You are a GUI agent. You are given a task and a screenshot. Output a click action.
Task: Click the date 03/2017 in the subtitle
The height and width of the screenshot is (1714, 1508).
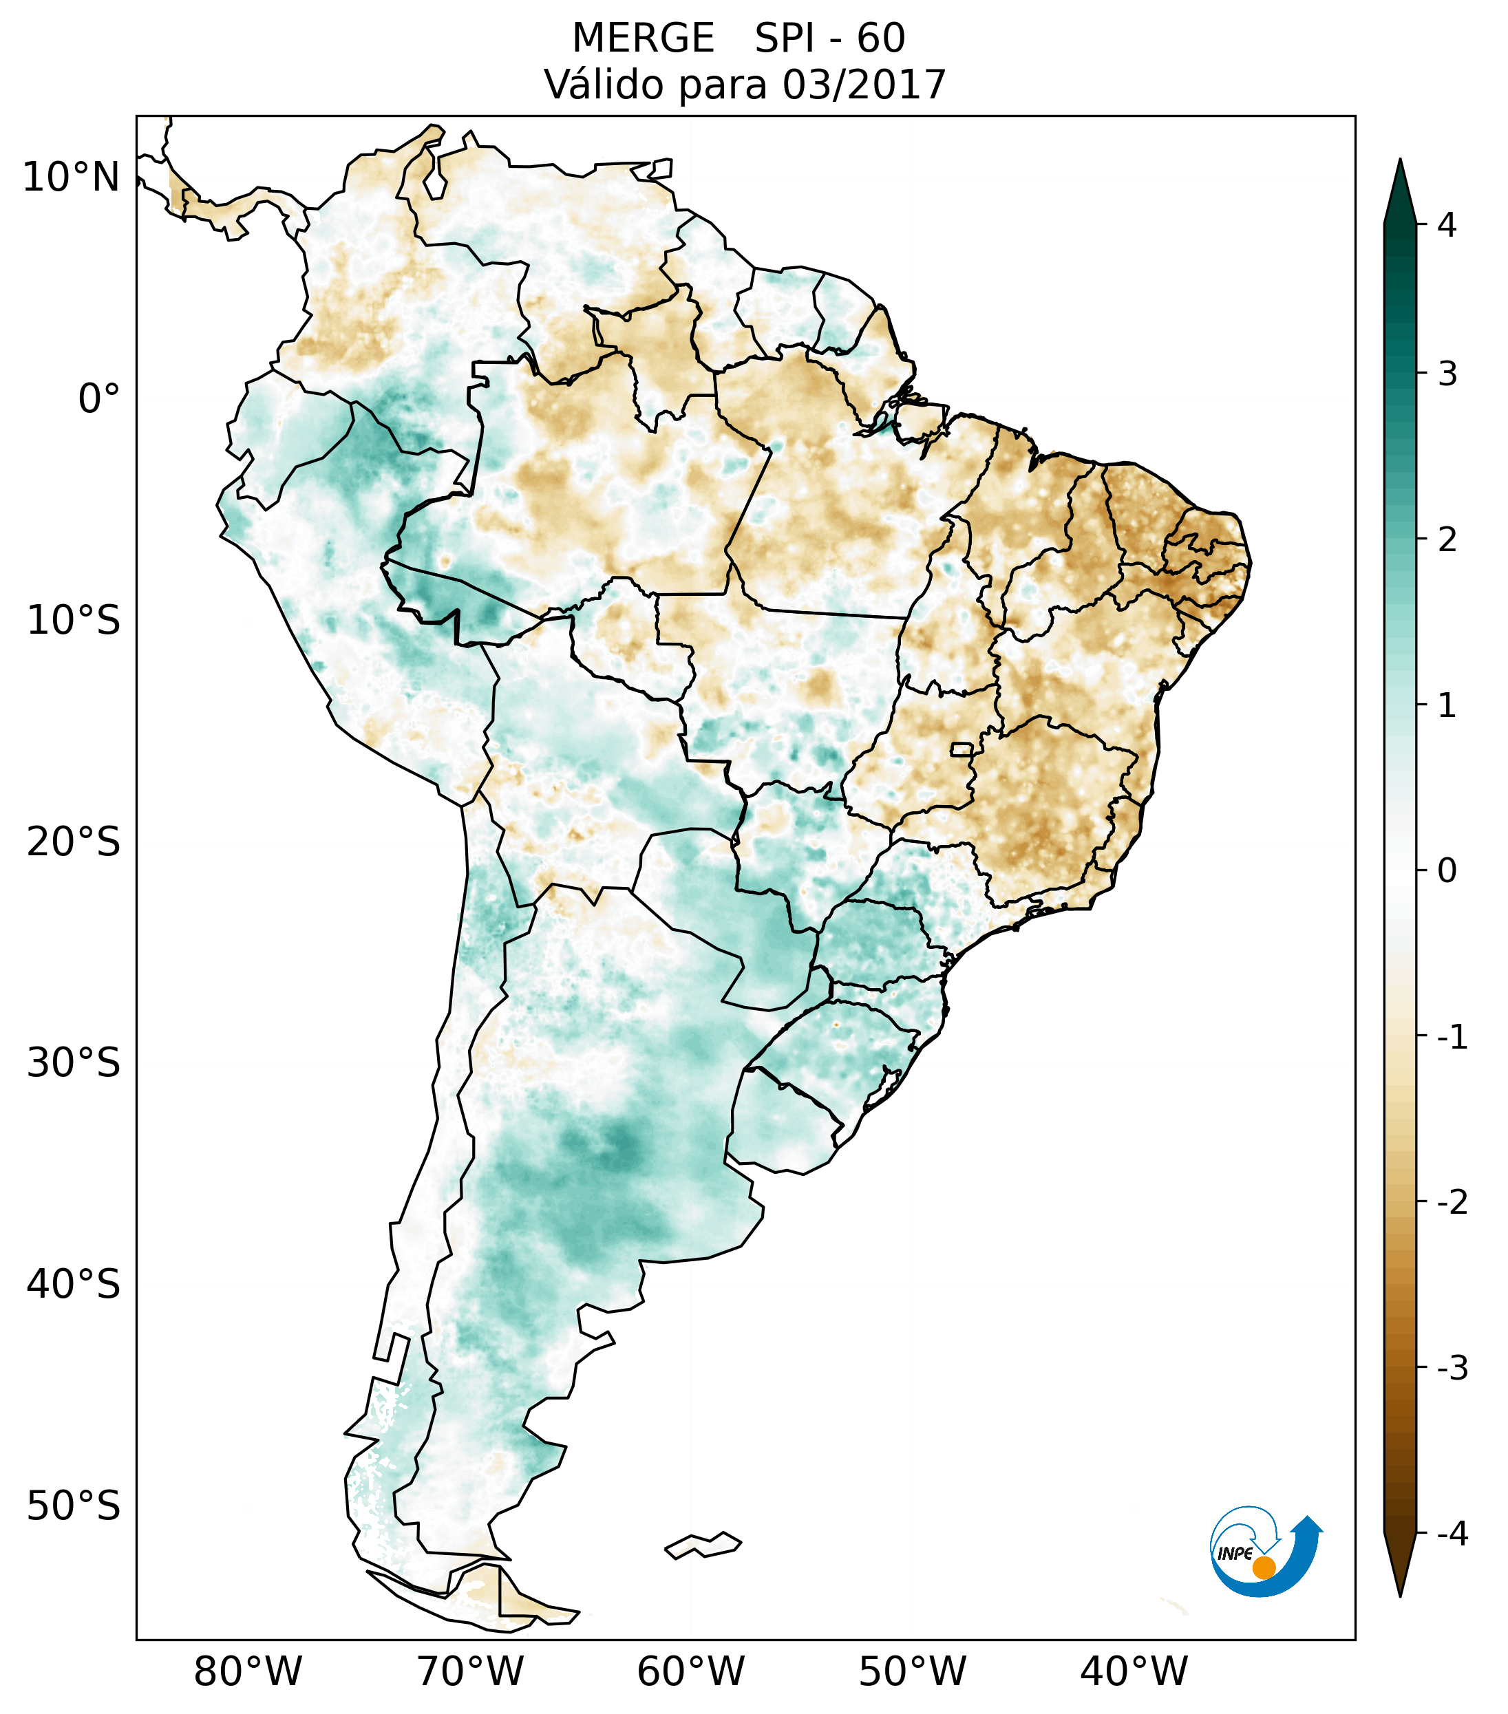(x=864, y=85)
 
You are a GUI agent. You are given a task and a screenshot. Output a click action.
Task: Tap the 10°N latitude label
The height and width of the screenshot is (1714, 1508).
(x=72, y=178)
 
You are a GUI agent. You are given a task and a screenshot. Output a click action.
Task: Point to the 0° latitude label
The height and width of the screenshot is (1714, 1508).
(x=99, y=398)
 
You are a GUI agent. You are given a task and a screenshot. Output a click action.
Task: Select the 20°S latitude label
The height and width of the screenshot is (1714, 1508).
(x=74, y=842)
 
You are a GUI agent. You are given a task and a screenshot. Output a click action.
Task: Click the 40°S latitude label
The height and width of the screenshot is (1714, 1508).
(x=74, y=1285)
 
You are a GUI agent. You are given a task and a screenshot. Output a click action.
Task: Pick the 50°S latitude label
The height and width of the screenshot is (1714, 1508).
(x=74, y=1506)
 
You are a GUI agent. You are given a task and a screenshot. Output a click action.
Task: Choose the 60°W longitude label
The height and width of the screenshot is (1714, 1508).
(x=690, y=1671)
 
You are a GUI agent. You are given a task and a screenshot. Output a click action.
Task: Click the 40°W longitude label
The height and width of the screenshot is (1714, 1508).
(x=1133, y=1671)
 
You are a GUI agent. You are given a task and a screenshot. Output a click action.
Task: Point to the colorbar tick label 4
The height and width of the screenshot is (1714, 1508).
(x=1447, y=225)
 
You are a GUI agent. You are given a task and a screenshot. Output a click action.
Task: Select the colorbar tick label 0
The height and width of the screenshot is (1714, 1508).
(x=1447, y=870)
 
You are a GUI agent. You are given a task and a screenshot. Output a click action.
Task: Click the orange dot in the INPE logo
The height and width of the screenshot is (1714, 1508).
(x=1263, y=1567)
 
